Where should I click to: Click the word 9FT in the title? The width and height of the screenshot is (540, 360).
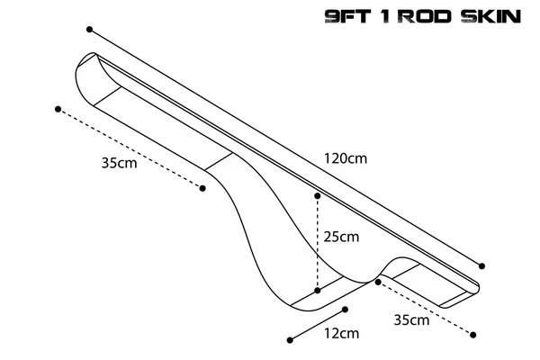[x=347, y=16]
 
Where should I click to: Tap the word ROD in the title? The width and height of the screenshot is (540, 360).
[x=427, y=16]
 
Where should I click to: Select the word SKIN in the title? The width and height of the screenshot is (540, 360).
[x=491, y=16]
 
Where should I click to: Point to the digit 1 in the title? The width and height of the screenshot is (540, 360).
[x=387, y=16]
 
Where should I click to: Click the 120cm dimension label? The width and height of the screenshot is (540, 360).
[x=346, y=158]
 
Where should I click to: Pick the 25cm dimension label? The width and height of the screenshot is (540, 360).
[x=341, y=237]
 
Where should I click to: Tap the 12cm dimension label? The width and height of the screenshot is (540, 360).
[x=341, y=333]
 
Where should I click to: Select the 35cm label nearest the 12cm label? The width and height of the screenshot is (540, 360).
[x=411, y=320]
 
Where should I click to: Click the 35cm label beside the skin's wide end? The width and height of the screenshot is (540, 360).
[x=119, y=163]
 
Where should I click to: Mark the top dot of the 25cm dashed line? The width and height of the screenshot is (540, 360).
[x=318, y=196]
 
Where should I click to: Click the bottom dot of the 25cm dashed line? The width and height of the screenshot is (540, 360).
[x=318, y=291]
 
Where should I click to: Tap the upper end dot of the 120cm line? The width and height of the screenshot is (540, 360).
[x=89, y=30]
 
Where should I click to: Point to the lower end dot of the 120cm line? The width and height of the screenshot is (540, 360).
[x=481, y=266]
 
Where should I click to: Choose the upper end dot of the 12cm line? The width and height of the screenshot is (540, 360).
[x=345, y=310]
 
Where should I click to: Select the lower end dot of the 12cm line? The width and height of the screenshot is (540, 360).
[x=290, y=340]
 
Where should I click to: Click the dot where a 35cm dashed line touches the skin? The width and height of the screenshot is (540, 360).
[x=378, y=282]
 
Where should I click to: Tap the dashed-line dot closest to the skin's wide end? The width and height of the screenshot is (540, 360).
[x=58, y=109]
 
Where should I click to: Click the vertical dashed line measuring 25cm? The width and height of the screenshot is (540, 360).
[x=318, y=243]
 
